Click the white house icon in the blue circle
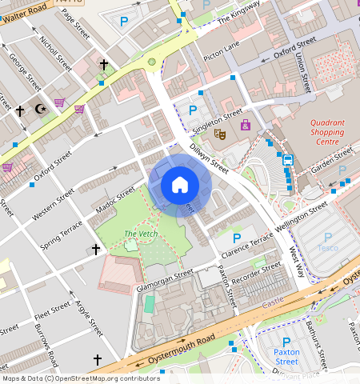[x=180, y=185]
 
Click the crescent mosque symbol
[x=41, y=109]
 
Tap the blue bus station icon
[x=287, y=159]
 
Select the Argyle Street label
[x=89, y=317]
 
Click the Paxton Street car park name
[x=286, y=356]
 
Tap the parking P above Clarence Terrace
[x=236, y=238]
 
